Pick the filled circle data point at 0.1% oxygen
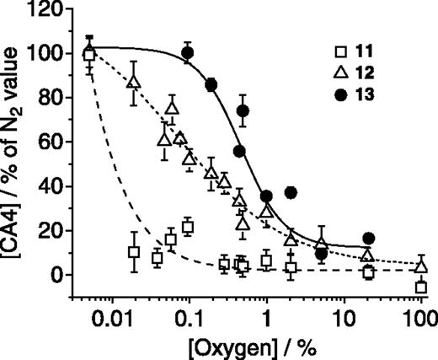coord(188,53)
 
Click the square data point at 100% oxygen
coord(421,287)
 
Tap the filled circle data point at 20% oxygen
coord(368,239)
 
